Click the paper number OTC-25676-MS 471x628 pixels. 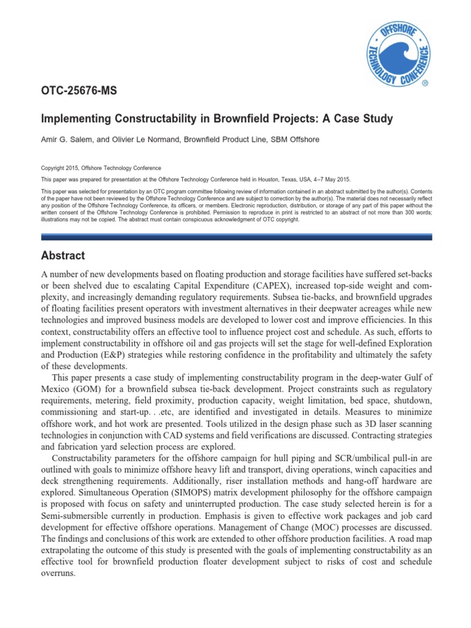pyautogui.click(x=78, y=91)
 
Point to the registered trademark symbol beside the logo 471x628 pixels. pyautogui.click(x=425, y=82)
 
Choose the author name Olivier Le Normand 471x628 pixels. pyautogui.click(x=132, y=139)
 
